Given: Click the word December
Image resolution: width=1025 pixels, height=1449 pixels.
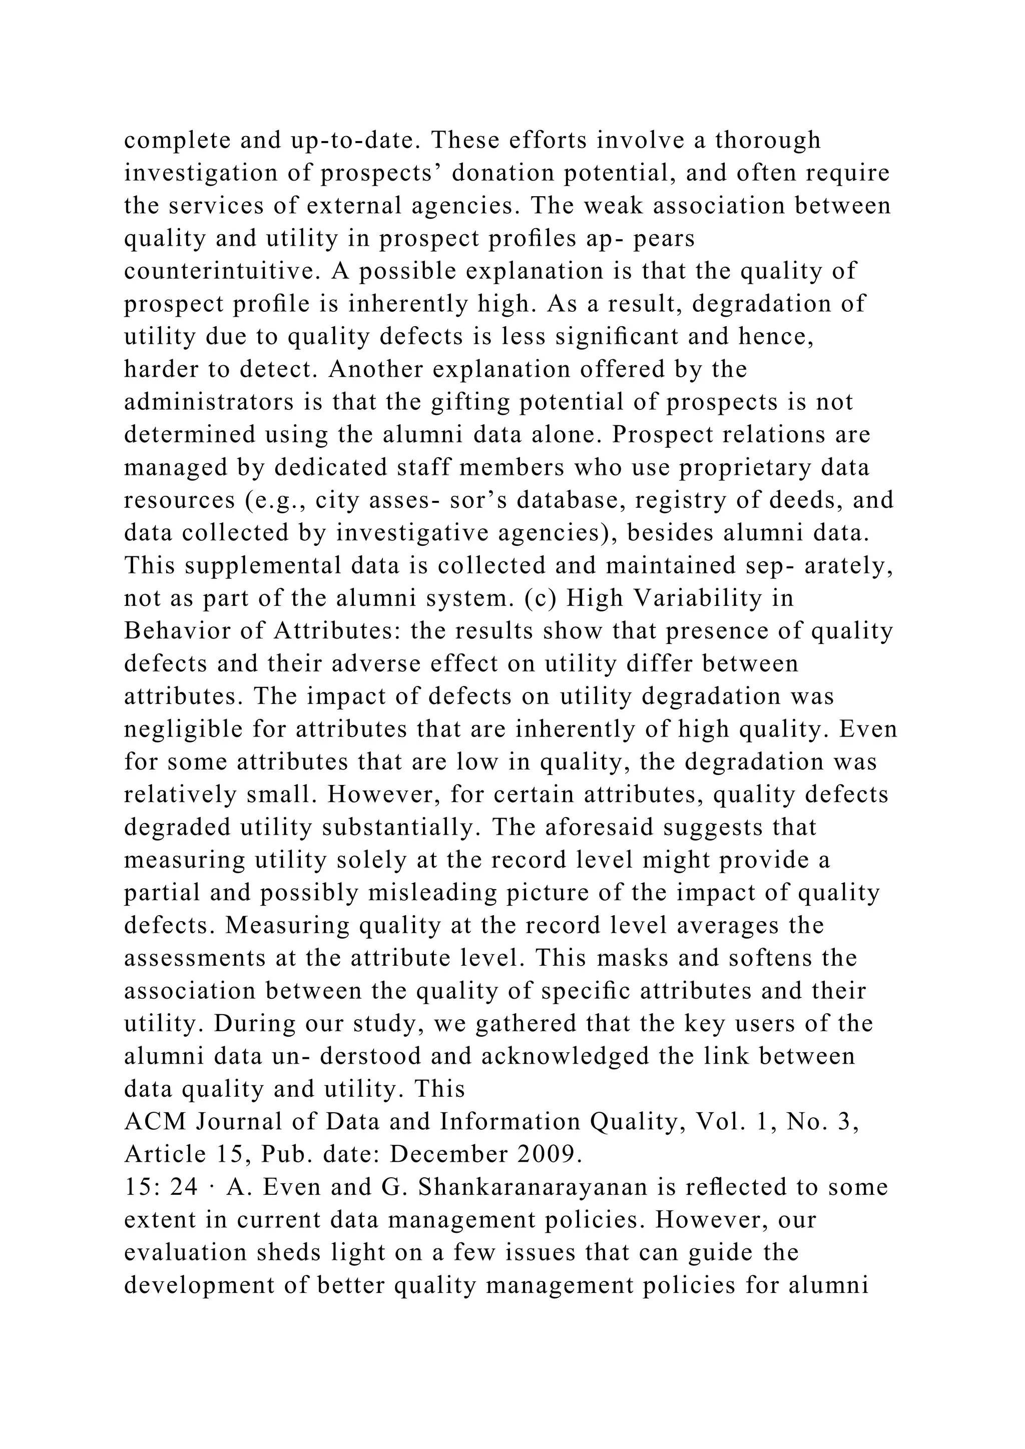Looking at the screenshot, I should pyautogui.click(x=449, y=1154).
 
